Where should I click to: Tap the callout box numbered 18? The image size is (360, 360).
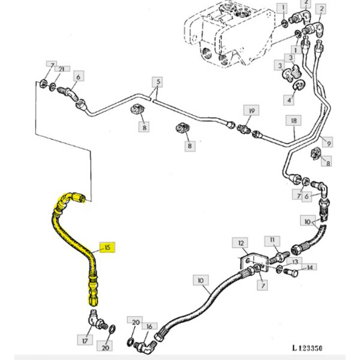(294, 120)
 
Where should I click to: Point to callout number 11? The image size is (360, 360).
(273, 240)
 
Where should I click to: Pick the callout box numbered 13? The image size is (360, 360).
(294, 262)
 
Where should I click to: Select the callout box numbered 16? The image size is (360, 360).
(150, 326)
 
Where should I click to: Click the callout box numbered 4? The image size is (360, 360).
(290, 99)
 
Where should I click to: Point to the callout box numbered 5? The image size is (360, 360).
(156, 82)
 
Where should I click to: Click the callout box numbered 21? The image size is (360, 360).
(61, 69)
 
